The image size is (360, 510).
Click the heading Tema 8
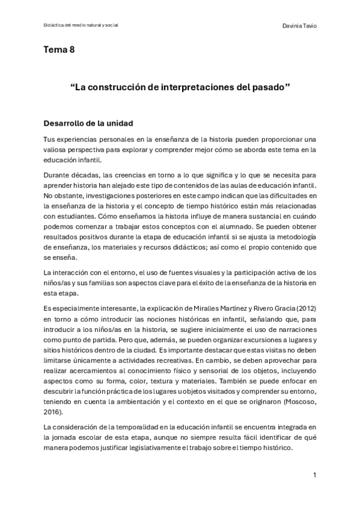click(59, 50)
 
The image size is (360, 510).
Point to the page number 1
click(314, 475)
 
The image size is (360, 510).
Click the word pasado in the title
click(269, 87)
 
